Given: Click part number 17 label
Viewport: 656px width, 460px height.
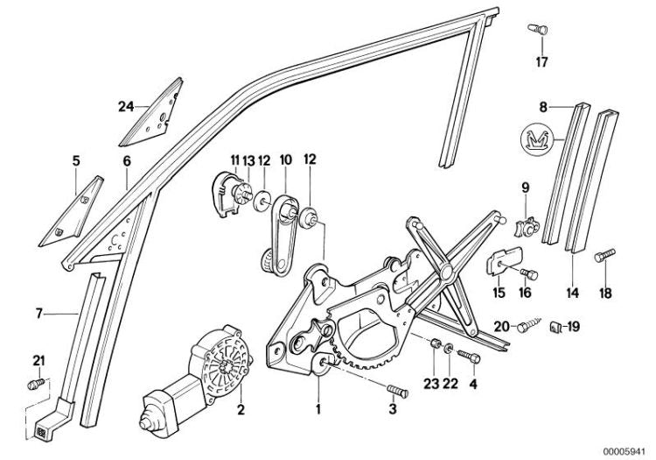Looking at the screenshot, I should click(541, 61).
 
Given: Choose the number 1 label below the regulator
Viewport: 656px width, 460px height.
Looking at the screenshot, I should click(318, 408).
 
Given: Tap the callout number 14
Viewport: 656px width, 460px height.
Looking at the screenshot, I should click(572, 295).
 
